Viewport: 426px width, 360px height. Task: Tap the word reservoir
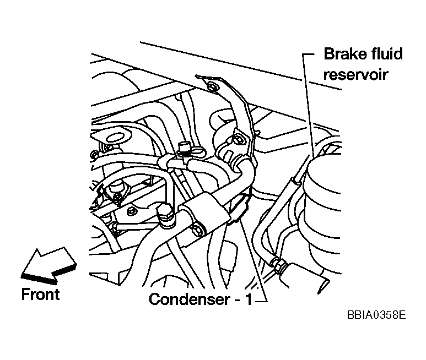[x=356, y=74]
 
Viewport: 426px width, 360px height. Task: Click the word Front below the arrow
[x=40, y=294]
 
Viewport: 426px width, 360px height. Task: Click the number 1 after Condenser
[x=248, y=299]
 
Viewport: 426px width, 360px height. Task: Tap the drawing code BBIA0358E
[x=376, y=315]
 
